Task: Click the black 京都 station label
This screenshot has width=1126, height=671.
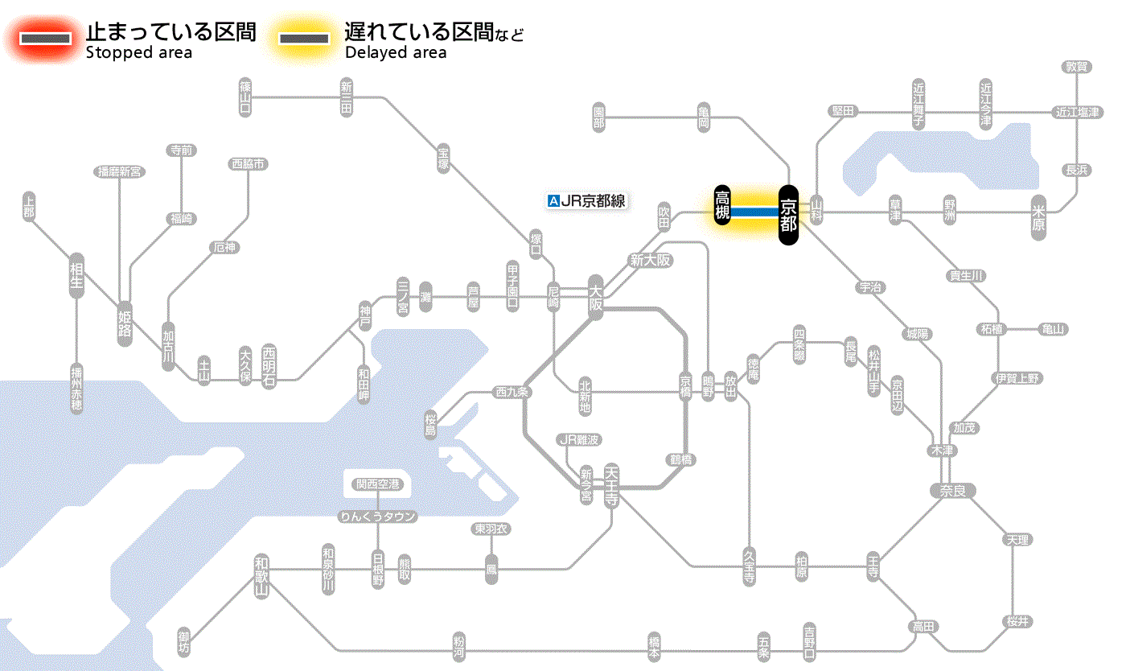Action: point(788,214)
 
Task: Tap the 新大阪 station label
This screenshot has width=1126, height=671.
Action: point(650,261)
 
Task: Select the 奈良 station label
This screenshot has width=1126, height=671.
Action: point(951,491)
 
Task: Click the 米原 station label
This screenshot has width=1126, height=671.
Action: point(1041,218)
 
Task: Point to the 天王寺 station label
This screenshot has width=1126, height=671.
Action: point(611,484)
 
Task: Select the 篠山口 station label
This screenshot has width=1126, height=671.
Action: point(245,96)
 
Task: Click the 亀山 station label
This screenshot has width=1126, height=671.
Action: point(1053,329)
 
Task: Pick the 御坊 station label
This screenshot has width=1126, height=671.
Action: point(184,642)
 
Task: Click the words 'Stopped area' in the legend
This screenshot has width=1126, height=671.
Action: point(139,53)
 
